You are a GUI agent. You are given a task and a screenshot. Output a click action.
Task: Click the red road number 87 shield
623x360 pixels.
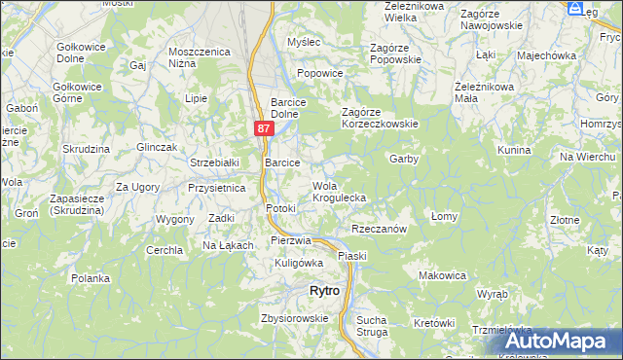[265, 128]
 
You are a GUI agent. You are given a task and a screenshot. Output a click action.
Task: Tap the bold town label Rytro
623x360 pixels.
[324, 291]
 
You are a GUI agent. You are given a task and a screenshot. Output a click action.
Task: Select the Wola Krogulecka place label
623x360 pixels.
[339, 192]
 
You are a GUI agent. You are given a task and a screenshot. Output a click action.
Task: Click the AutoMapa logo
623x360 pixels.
[552, 342]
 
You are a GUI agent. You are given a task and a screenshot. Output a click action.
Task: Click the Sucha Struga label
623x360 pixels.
[371, 325]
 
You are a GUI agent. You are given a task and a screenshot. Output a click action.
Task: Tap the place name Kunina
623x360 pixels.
[513, 151]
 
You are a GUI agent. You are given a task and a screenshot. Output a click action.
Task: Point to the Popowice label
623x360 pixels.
[320, 73]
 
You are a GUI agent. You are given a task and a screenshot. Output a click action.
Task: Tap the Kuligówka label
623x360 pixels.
[298, 263]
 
